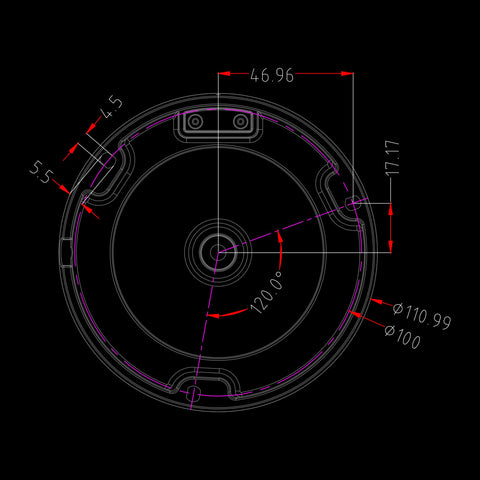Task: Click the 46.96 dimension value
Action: (272, 75)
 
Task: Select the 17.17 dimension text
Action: (392, 157)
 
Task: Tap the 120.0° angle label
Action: (267, 292)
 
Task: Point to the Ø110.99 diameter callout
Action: (422, 315)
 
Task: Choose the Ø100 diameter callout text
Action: (403, 336)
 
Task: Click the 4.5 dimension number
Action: (113, 107)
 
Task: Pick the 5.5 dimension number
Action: (41, 172)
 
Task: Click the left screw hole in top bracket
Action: (195, 121)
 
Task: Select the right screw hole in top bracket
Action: (241, 121)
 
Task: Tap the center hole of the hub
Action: (218, 252)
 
